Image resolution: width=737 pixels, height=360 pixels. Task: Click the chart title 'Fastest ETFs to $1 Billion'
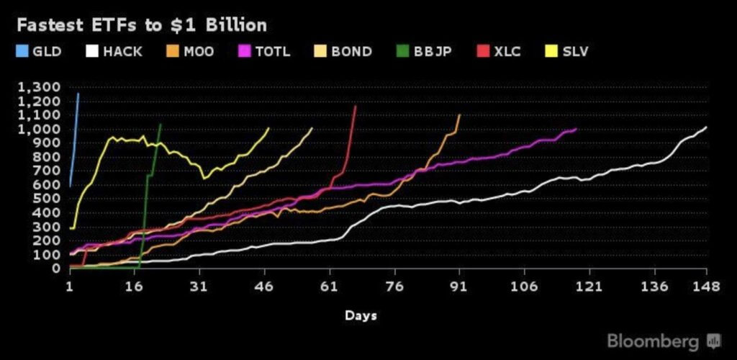point(141,25)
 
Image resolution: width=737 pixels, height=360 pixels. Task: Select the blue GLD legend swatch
point(22,52)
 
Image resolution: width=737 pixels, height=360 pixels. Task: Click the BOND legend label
point(352,52)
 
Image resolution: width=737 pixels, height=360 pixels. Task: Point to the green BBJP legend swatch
point(402,52)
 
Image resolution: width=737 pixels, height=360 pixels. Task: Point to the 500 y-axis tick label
point(47,199)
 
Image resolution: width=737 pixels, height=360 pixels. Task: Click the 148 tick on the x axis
point(706,286)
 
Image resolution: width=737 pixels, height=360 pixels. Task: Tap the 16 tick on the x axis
point(134,286)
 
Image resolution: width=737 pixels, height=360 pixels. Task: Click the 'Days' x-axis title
point(360,315)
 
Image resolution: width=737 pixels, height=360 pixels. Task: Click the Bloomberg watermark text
point(653,340)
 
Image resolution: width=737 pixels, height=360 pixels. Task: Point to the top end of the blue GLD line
point(78,94)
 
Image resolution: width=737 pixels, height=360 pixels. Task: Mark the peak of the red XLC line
point(356,106)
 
